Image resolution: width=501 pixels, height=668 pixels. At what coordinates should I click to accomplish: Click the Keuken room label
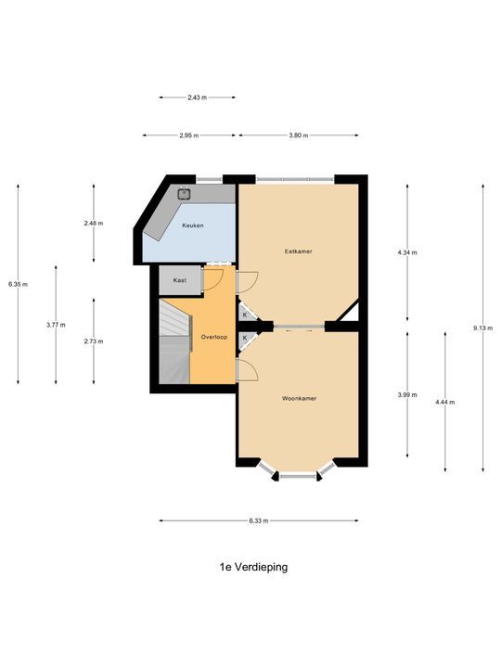click(193, 225)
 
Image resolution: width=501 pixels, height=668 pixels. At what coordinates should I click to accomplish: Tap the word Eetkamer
click(297, 251)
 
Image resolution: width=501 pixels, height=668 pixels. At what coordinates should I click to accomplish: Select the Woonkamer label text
click(300, 398)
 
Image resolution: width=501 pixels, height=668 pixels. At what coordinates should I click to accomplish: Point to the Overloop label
click(214, 337)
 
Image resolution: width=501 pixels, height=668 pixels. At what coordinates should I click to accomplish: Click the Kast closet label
click(180, 279)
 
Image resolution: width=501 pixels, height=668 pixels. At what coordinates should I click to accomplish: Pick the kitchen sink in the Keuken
click(186, 195)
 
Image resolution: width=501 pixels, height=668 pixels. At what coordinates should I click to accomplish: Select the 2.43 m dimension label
click(197, 96)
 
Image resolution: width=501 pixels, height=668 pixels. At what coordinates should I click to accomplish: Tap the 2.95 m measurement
click(190, 135)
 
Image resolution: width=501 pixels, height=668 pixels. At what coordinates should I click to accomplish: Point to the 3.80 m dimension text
click(297, 135)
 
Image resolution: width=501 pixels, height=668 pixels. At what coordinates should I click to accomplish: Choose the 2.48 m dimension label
click(93, 224)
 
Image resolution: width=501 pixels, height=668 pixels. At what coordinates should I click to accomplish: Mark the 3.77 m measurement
click(56, 325)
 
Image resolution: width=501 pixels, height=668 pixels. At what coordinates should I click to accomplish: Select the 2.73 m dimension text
click(93, 341)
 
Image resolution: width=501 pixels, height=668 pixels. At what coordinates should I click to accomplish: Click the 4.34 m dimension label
click(407, 252)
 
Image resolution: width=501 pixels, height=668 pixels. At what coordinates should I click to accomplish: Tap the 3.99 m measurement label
click(407, 394)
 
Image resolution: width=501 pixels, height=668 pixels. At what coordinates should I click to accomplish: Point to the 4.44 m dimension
click(444, 402)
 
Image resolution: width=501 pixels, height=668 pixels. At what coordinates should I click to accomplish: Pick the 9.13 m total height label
click(482, 328)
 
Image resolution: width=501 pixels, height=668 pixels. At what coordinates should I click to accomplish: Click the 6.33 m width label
click(258, 520)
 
